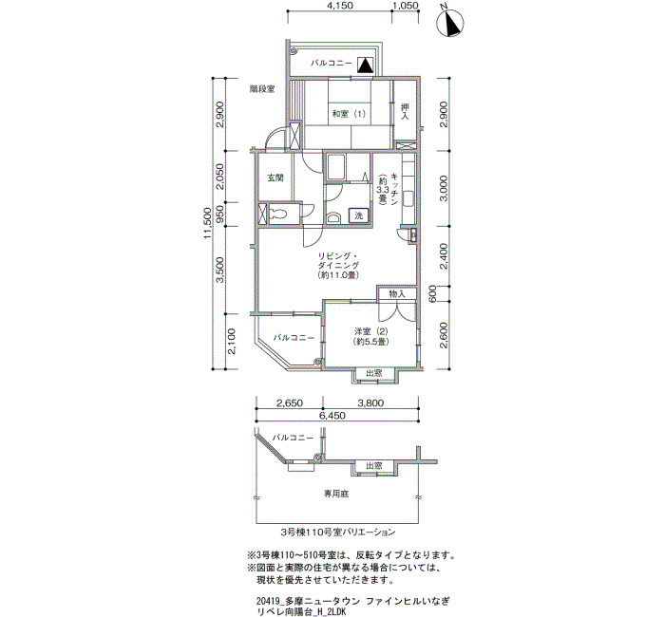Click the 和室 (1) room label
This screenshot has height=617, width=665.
pos(349,114)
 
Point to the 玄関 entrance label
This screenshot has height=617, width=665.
pos(275,178)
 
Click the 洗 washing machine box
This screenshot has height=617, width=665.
pos(359,215)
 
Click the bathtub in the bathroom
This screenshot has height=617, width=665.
pos(335,167)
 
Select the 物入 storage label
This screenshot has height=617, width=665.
pos(397,293)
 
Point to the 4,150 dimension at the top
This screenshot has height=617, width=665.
pos(340,6)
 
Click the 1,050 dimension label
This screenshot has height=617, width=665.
pos(406,6)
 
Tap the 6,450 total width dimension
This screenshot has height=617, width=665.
pos(333,416)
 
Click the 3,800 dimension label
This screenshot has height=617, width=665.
pos(371,403)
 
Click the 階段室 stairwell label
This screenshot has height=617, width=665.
pos(262,89)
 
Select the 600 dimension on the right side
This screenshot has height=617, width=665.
pos(432,293)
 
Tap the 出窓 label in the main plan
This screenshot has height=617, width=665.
pos(374,373)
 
